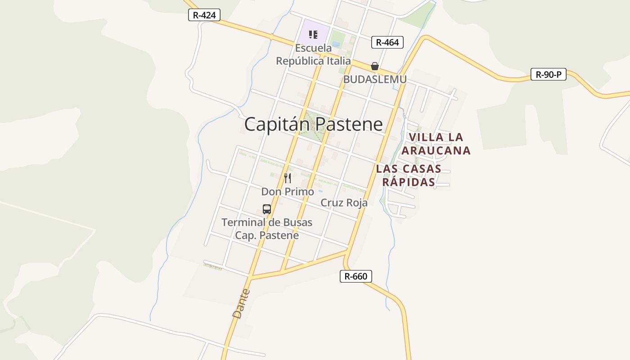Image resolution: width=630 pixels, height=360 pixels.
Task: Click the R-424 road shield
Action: click(x=204, y=15)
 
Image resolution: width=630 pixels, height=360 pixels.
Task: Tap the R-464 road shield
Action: click(x=387, y=42)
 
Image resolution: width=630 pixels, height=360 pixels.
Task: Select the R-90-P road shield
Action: click(x=548, y=74)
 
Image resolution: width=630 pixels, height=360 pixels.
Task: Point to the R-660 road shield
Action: click(x=355, y=276)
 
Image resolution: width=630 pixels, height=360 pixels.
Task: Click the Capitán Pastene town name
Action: click(x=313, y=124)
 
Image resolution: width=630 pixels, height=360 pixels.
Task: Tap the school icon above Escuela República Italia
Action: click(x=313, y=35)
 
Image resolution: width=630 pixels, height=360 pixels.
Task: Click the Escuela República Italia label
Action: click(x=313, y=54)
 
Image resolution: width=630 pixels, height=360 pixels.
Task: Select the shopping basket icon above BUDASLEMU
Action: click(x=374, y=66)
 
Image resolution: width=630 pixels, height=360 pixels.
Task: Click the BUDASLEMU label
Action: click(x=374, y=79)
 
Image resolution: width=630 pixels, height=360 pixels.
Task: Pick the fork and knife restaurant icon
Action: click(x=288, y=178)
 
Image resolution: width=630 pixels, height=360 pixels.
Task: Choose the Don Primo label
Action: click(x=288, y=192)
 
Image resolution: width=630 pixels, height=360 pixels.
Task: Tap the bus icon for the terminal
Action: click(x=267, y=209)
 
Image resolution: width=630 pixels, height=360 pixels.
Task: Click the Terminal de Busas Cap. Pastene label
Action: click(x=267, y=229)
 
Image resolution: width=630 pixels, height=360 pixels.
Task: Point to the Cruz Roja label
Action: click(x=344, y=203)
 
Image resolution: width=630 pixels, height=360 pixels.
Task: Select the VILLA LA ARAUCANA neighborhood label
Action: click(x=436, y=144)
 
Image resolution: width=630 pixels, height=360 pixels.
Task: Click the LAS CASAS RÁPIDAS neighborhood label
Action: click(x=409, y=175)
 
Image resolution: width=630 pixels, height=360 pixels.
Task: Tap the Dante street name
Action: click(x=241, y=304)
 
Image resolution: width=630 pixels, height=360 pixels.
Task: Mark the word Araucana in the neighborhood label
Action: click(x=436, y=150)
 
